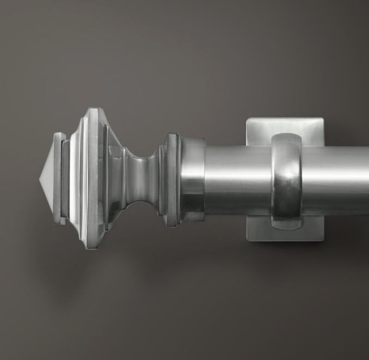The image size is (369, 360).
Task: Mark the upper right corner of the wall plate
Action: pos(322,120)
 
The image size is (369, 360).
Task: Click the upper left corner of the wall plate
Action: pos(248,120)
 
